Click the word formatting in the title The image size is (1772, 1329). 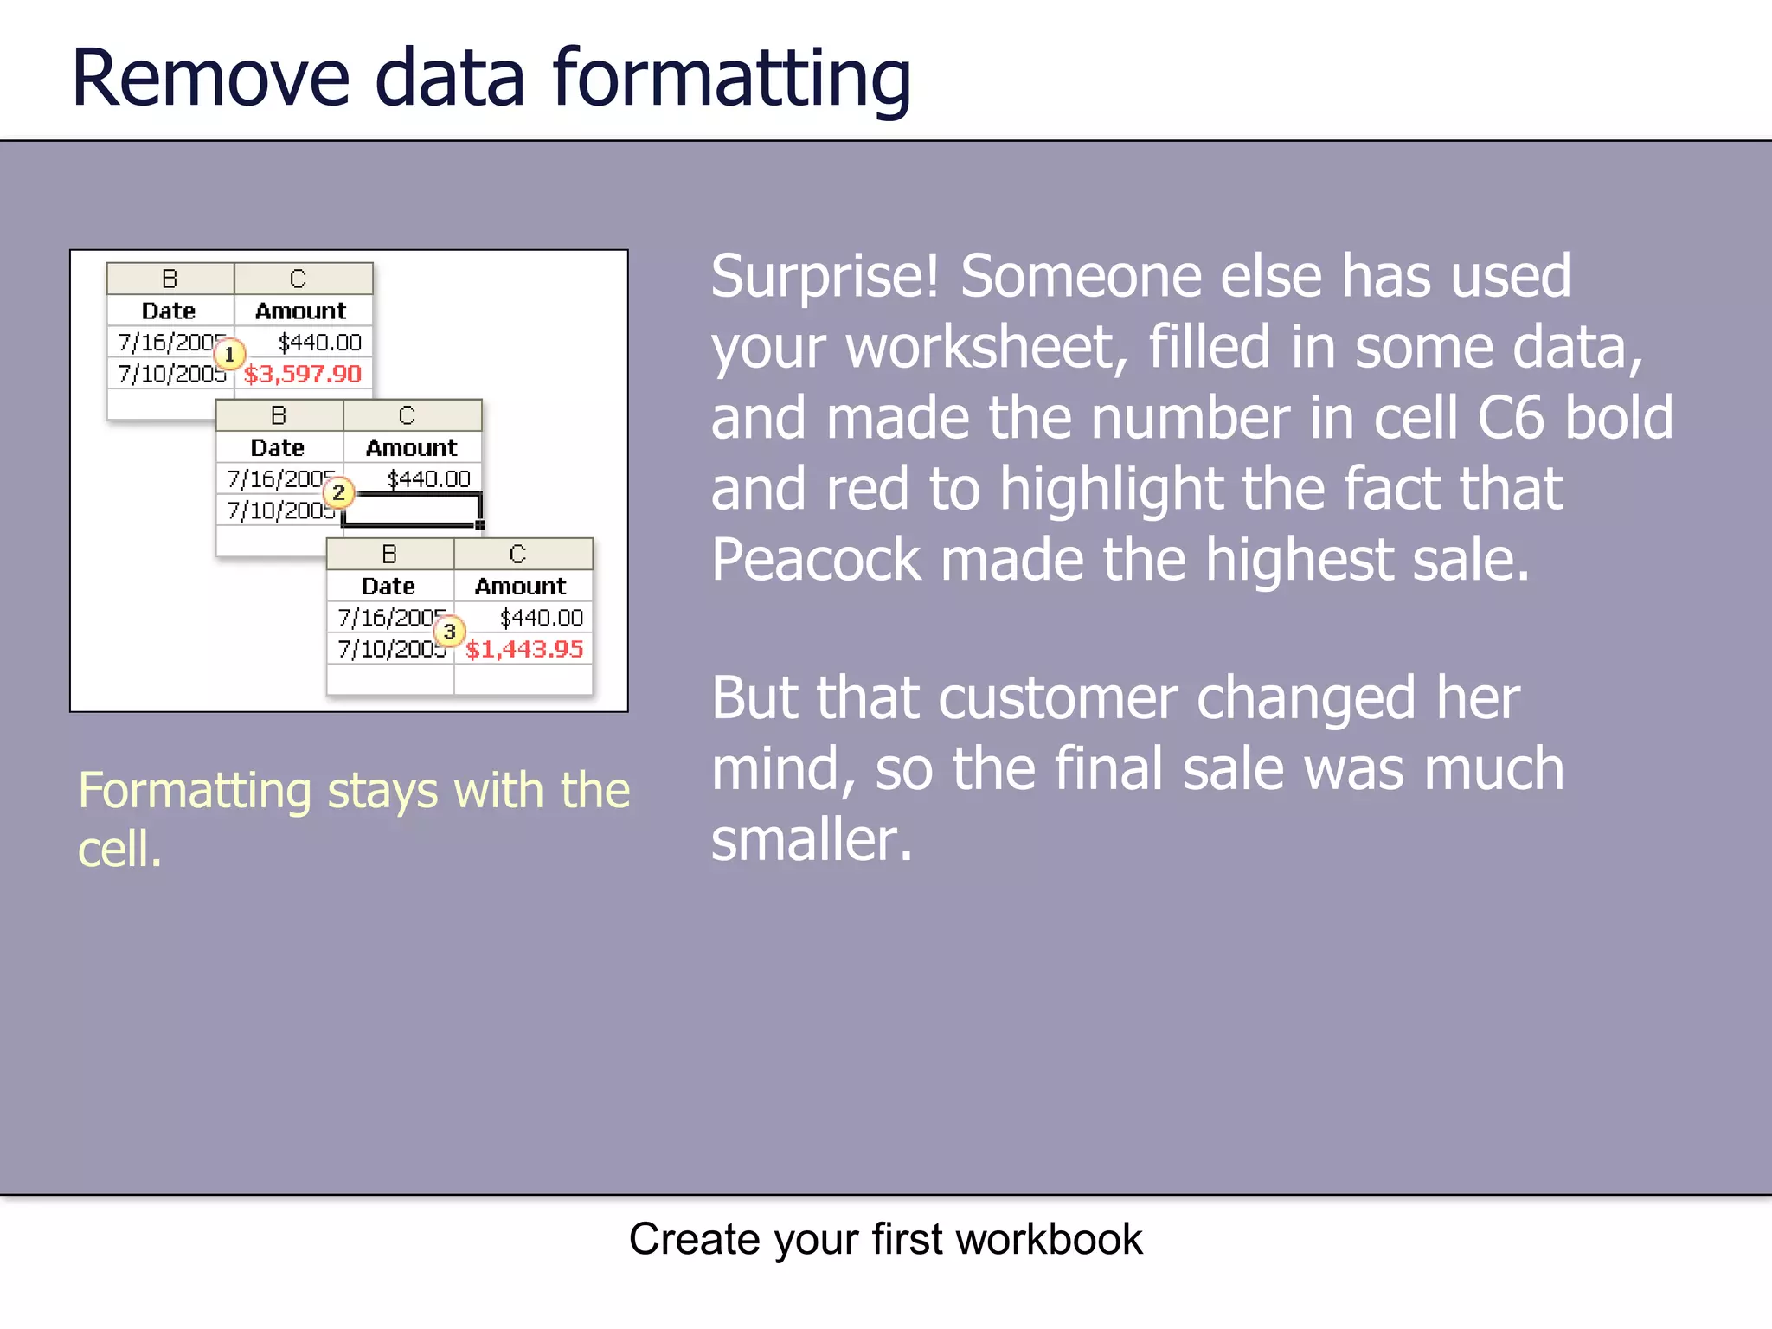point(732,80)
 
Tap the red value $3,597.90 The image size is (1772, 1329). point(303,374)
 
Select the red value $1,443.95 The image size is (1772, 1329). point(524,649)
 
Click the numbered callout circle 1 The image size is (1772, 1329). point(229,355)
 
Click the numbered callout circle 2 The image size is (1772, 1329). point(338,493)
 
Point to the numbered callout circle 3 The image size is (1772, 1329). point(449,632)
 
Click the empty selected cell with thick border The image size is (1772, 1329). point(412,509)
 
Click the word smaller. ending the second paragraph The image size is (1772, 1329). point(811,840)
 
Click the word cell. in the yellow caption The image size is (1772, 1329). point(119,850)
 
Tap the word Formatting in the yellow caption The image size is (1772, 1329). point(194,791)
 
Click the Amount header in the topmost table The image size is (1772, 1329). point(300,311)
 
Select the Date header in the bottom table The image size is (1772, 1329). point(388,586)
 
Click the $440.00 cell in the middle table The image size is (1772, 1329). point(428,478)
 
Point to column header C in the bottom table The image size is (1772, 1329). point(517,554)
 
